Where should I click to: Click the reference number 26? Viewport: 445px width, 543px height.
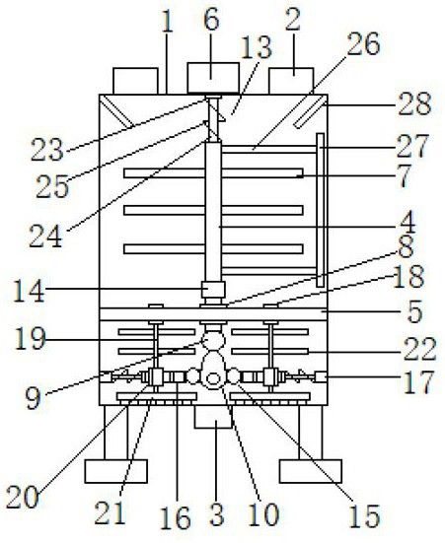pos(363,44)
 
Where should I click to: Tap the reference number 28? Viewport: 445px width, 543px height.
pos(414,103)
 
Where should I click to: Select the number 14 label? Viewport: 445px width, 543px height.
pos(30,292)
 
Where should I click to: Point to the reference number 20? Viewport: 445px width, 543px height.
pos(22,497)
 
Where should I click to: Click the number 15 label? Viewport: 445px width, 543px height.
pos(364,516)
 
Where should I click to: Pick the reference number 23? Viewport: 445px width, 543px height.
pos(47,150)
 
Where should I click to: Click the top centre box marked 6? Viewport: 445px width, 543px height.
pos(213,78)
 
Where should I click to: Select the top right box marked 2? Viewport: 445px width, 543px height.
pos(291,81)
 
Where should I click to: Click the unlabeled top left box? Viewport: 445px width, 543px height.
pos(135,81)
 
